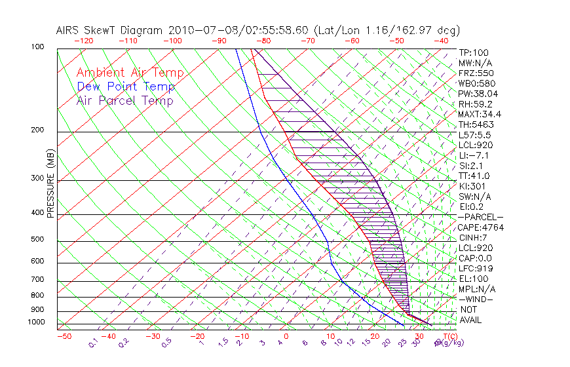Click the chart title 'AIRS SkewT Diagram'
click(x=111, y=30)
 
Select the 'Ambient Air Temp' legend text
click(x=130, y=73)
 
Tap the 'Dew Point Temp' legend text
click(x=126, y=87)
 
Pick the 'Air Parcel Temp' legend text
click(x=125, y=100)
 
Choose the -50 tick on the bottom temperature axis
click(x=64, y=336)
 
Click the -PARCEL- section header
click(x=480, y=217)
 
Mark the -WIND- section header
click(x=476, y=299)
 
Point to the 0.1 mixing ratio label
click(x=93, y=342)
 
